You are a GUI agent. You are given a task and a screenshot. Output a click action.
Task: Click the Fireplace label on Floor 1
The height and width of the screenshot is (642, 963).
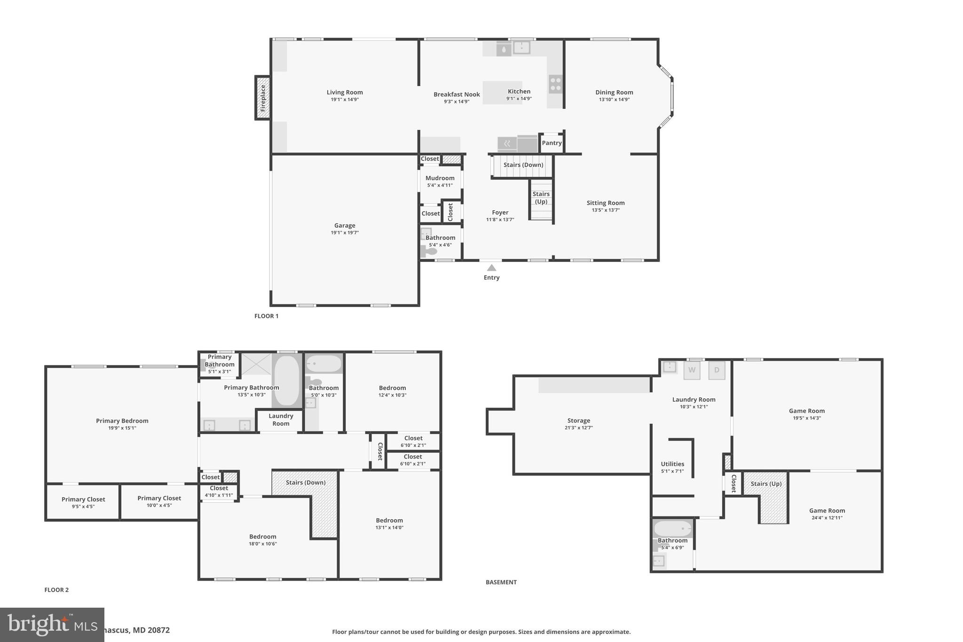coord(263,98)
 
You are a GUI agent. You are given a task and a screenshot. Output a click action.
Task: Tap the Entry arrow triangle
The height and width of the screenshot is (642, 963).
coord(491,268)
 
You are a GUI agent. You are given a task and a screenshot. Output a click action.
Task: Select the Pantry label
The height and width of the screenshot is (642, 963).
coord(552,143)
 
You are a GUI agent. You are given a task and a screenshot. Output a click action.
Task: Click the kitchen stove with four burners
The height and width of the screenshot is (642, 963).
coord(555,84)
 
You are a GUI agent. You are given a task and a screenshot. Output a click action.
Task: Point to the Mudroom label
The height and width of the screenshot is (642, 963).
coord(440,178)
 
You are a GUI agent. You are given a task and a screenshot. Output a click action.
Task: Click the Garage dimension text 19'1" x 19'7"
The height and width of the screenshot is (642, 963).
coord(345,233)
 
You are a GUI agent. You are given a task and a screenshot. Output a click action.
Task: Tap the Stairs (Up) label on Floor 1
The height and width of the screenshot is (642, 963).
coord(541,198)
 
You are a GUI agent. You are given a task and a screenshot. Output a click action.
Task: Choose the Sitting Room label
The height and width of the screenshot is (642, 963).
coord(605,203)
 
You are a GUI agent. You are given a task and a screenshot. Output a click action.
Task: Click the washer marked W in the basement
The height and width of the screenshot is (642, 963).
coord(692,370)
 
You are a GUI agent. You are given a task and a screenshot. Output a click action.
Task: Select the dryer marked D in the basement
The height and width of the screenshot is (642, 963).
coord(717,370)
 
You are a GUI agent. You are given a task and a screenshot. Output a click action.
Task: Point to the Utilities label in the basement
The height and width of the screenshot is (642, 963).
coord(672,464)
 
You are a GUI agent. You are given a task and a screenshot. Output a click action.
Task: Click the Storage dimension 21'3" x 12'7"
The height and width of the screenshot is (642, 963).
coord(578,428)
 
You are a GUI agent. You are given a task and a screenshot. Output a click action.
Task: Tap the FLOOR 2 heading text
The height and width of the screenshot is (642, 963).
coord(56,590)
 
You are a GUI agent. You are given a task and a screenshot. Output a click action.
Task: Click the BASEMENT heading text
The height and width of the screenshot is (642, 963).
coord(501,582)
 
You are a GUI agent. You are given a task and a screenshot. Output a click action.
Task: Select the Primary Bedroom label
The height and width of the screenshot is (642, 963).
coord(122,421)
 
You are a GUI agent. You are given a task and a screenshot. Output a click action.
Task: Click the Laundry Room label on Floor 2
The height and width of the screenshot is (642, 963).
coord(281,420)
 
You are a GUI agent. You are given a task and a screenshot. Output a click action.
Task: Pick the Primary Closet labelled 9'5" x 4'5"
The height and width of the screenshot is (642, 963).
coord(83,502)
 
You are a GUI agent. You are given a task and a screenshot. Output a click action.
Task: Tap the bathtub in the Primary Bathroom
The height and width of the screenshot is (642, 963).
coord(286,380)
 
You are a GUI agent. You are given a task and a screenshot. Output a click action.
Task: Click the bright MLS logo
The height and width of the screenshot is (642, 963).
coord(52,625)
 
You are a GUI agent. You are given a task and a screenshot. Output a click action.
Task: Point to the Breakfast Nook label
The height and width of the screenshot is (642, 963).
coord(457,95)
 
